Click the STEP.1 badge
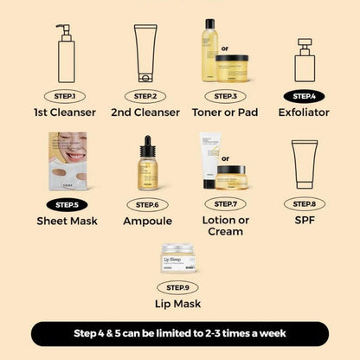click(x=64, y=96)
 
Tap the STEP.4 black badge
click(x=304, y=95)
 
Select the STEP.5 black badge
click(x=64, y=205)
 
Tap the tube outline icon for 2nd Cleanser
click(x=145, y=54)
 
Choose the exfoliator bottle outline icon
click(x=303, y=59)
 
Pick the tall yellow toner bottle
click(x=209, y=49)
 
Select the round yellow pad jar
click(x=243, y=67)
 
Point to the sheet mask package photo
click(x=73, y=161)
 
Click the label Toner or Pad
click(x=224, y=112)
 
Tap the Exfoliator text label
click(x=304, y=112)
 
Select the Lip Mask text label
click(x=177, y=304)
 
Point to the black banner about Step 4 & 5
click(x=180, y=333)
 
